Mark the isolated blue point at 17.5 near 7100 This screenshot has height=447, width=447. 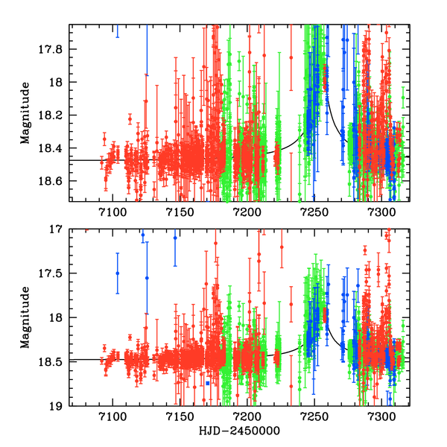pos(118,273)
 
